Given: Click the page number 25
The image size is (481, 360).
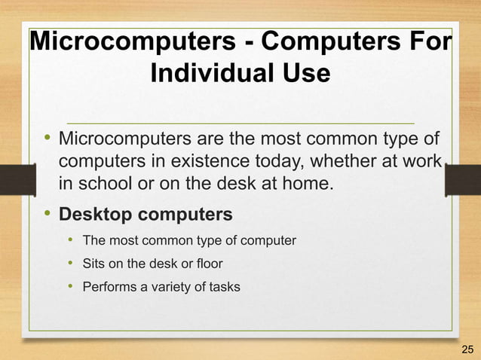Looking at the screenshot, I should click(x=467, y=348).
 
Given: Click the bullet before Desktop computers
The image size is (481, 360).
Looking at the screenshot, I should click(x=47, y=214).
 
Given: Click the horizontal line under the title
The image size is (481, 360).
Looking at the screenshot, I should click(x=240, y=122).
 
